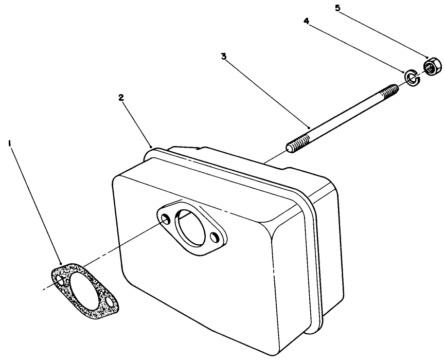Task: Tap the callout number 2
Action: [121, 98]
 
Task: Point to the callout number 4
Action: [306, 22]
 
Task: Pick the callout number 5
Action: [337, 8]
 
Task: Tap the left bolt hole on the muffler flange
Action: [165, 219]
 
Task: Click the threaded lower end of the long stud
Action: [297, 144]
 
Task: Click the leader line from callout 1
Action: [36, 206]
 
